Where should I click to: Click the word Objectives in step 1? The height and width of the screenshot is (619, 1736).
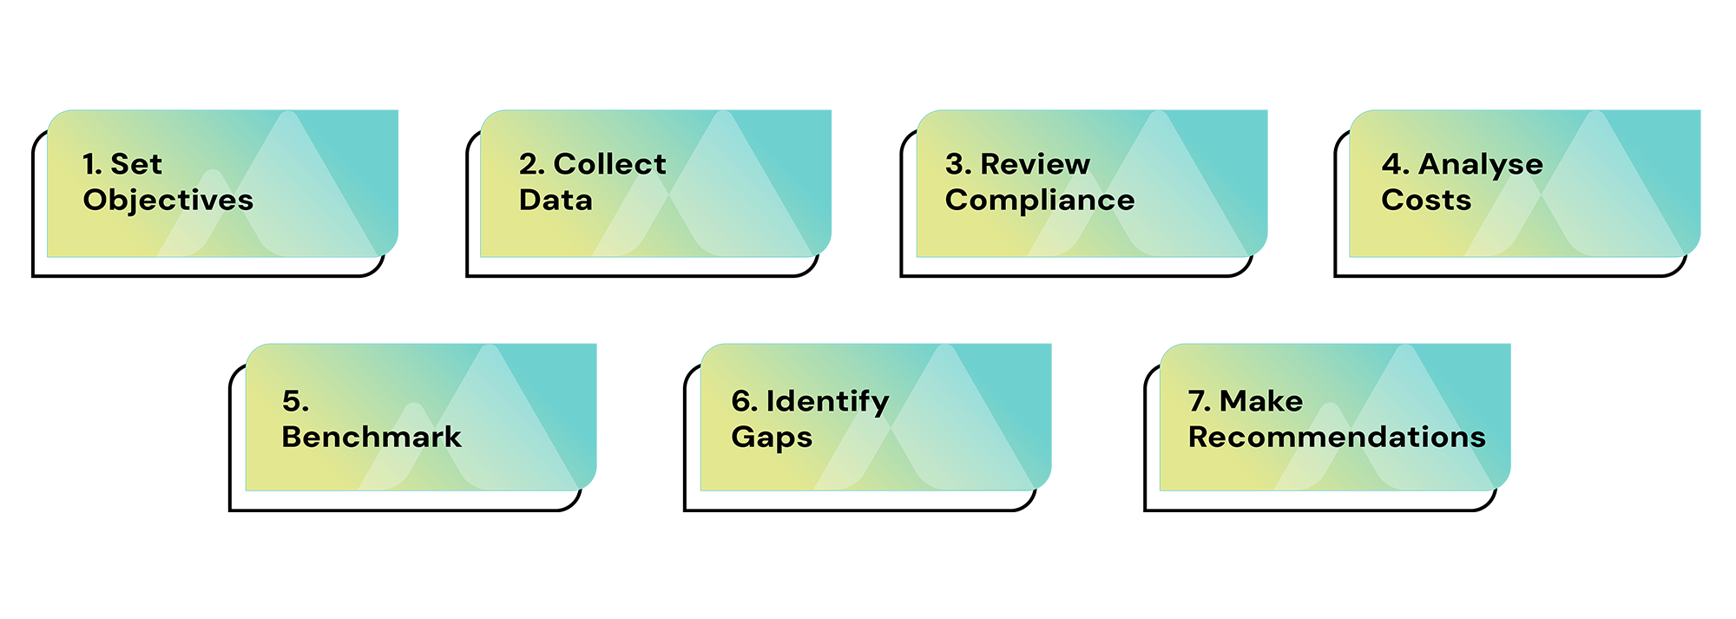(168, 201)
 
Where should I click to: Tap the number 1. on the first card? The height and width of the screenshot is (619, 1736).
(92, 164)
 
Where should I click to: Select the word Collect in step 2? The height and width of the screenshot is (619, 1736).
(610, 164)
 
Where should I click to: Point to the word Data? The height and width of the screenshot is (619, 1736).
(556, 201)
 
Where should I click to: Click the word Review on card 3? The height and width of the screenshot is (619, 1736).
(1035, 164)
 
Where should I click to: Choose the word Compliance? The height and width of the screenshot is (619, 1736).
(1040, 201)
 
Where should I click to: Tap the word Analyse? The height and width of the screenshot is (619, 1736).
(1481, 164)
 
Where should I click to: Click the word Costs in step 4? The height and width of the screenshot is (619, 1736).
(1426, 201)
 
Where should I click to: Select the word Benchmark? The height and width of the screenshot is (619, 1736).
(372, 437)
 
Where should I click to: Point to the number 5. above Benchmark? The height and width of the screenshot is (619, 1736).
(295, 401)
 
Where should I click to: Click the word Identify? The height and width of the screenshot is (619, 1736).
(827, 401)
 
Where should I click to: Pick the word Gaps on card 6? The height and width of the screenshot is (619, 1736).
(772, 438)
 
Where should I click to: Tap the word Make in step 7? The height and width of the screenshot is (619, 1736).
(1260, 401)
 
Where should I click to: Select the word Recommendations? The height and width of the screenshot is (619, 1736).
(1337, 437)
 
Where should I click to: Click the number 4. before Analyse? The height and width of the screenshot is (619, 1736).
(1395, 164)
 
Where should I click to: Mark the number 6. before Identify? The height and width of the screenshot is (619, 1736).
(744, 401)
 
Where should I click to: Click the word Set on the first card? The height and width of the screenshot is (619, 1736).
(136, 164)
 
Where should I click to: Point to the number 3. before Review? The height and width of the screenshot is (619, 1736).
(958, 164)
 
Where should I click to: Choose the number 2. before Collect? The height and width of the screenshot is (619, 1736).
(531, 164)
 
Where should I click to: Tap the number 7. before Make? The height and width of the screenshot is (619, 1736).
(1200, 401)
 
